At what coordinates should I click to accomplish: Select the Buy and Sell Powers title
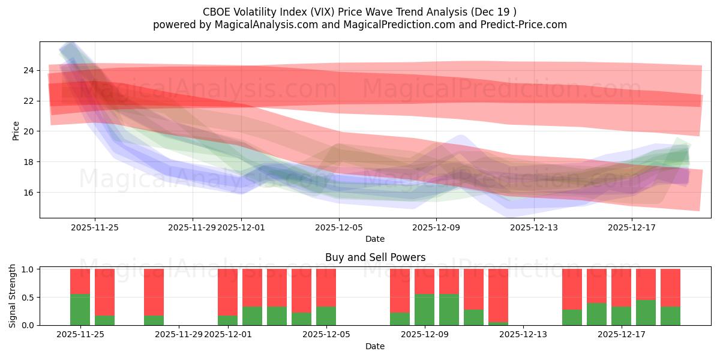pos(375,257)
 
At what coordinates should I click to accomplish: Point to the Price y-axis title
pos(16,130)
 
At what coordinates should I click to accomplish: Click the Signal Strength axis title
pos(13,296)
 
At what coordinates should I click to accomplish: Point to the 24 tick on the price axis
pos(28,70)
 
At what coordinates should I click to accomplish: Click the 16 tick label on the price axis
pos(28,193)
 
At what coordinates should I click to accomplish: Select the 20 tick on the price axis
pos(28,131)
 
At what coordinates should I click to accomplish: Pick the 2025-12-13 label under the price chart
pos(533,227)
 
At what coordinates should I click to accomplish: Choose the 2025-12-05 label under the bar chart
pos(326,335)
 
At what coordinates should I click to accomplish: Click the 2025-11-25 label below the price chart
pos(94,227)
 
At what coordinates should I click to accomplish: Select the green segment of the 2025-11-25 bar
pos(80,310)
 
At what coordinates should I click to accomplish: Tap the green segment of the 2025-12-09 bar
pos(424,310)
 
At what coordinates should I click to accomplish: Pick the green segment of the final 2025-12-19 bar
pos(670,316)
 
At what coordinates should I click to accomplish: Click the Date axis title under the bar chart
pos(375,346)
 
